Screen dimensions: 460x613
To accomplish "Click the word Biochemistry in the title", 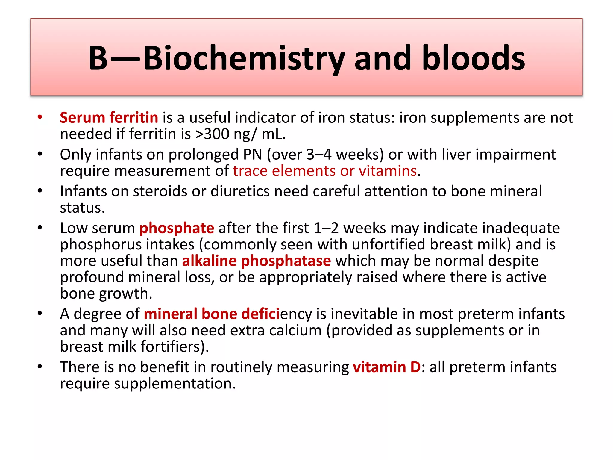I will pos(244,58).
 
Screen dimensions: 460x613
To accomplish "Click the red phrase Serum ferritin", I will pos(109,117).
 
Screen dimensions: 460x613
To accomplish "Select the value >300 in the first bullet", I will pos(212,134).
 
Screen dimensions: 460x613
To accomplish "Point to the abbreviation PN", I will pos(253,155).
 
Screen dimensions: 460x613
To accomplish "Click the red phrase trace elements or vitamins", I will pos(325,171).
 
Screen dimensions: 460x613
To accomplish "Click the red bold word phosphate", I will pos(177,228).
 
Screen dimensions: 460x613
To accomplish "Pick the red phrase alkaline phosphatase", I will pos(257,261).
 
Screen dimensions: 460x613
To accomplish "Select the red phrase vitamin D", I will pos(387,367).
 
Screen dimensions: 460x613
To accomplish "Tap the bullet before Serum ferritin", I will pos(40,117).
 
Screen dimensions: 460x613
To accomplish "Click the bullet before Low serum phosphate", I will pos(40,228).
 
